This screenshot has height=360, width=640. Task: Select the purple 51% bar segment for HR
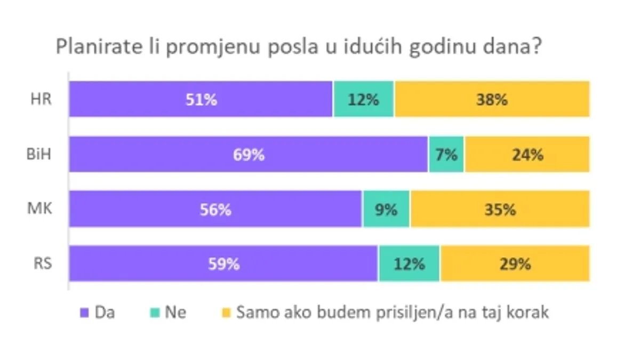[201, 99]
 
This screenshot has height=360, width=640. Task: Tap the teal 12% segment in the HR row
[364, 99]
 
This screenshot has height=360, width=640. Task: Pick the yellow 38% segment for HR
[492, 99]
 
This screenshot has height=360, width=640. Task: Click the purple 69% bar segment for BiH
[249, 154]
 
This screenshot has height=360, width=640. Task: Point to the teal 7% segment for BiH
[446, 154]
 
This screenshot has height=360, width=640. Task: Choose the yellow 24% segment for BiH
[527, 154]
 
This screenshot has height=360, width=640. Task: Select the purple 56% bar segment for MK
[216, 209]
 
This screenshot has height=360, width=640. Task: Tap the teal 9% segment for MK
[387, 209]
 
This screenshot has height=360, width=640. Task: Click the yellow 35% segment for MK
[500, 209]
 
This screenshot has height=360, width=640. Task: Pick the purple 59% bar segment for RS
[223, 263]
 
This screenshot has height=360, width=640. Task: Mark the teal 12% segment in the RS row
[410, 263]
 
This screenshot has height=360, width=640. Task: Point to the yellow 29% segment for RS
[515, 263]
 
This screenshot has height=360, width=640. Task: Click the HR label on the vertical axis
[41, 99]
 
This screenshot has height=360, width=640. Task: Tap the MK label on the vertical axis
[40, 209]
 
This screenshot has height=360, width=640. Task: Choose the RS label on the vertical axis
[41, 263]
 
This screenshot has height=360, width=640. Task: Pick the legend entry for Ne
[169, 313]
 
